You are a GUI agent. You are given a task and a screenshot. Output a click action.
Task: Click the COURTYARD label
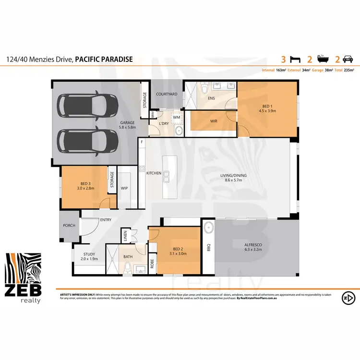pos(166,94)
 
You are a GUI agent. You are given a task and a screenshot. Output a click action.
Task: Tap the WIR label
pos(214,121)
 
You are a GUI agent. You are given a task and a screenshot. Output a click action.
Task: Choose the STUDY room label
pos(89,256)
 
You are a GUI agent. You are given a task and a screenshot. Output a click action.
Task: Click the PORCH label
pos(70,226)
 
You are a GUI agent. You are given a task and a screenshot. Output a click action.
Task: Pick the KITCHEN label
pos(154,173)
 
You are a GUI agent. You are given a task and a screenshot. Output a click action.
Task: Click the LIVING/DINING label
pos(233,178)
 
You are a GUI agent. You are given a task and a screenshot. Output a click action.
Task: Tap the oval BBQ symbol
pos(209,229)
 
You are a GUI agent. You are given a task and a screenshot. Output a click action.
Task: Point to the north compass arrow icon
pos(347,298)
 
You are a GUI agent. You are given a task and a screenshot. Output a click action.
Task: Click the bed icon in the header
pos(297,60)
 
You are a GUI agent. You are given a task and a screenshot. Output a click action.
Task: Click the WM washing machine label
pos(176,117)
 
